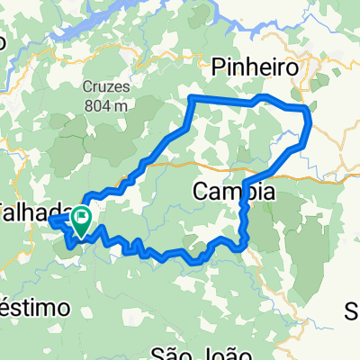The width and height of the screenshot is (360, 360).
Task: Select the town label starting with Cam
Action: [234, 192]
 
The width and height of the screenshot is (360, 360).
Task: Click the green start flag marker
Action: [82, 219]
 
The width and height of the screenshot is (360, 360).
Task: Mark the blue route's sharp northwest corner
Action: [191, 96]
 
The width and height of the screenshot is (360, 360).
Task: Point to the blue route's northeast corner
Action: [308, 109]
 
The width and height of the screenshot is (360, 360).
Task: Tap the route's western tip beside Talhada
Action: [50, 218]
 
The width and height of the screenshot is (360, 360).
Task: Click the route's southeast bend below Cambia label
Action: [244, 244]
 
